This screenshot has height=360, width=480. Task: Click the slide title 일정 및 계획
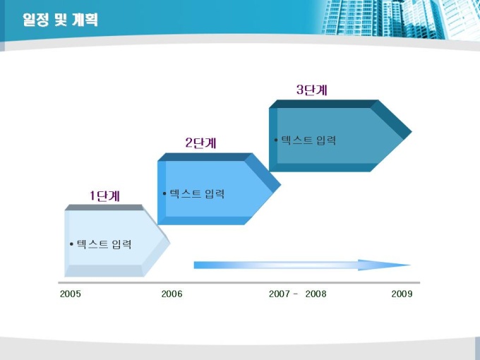tap(60, 20)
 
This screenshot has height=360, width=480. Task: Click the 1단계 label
tap(104, 196)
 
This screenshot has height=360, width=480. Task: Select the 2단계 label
tap(200, 143)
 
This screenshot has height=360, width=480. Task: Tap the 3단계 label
tap(312, 90)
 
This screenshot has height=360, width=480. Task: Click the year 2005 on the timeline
tap(71, 294)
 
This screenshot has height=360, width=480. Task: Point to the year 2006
tap(172, 294)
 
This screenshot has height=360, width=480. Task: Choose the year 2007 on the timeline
tap(280, 294)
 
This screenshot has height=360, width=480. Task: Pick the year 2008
tap(316, 294)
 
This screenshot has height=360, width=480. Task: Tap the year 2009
tap(402, 294)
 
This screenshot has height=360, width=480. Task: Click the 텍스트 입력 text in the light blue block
tap(104, 244)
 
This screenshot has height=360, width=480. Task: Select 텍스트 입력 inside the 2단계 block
tap(197, 194)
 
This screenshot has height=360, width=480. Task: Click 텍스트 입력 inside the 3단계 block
tap(308, 140)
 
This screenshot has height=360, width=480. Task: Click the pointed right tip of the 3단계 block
tap(411, 132)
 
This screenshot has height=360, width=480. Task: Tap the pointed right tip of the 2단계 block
tap(280, 185)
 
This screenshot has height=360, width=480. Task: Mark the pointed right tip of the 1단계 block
tap(169, 243)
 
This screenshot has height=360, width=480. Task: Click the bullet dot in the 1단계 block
tap(71, 244)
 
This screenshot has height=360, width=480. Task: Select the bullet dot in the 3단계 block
tap(276, 140)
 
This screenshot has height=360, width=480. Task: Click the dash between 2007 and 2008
tap(295, 294)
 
